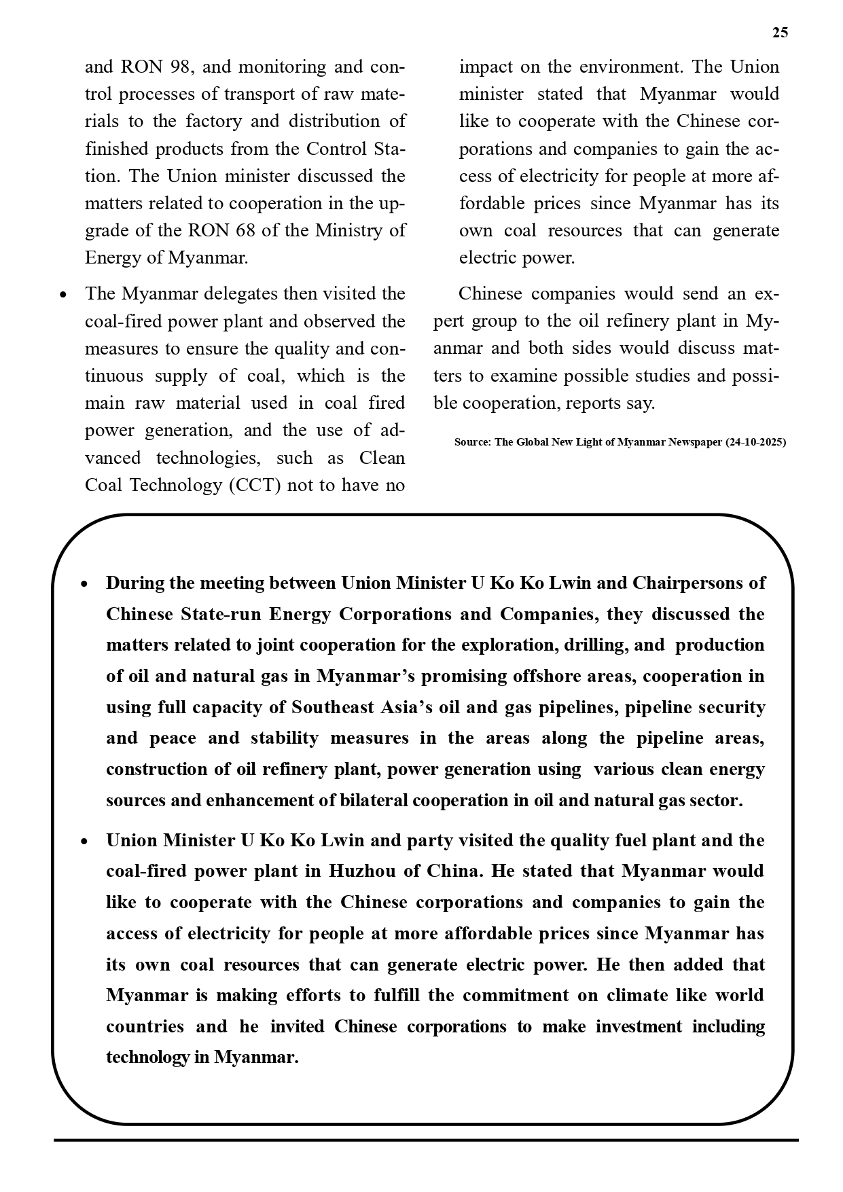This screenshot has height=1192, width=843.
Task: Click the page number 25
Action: tap(780, 33)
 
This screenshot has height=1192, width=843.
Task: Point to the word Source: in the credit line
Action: tap(473, 442)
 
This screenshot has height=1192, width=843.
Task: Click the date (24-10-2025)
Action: tap(755, 442)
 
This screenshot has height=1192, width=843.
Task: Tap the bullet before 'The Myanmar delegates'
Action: tap(63, 295)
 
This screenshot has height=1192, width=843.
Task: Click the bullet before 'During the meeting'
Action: tap(84, 584)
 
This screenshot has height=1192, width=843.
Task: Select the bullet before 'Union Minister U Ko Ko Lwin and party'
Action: tap(84, 842)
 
